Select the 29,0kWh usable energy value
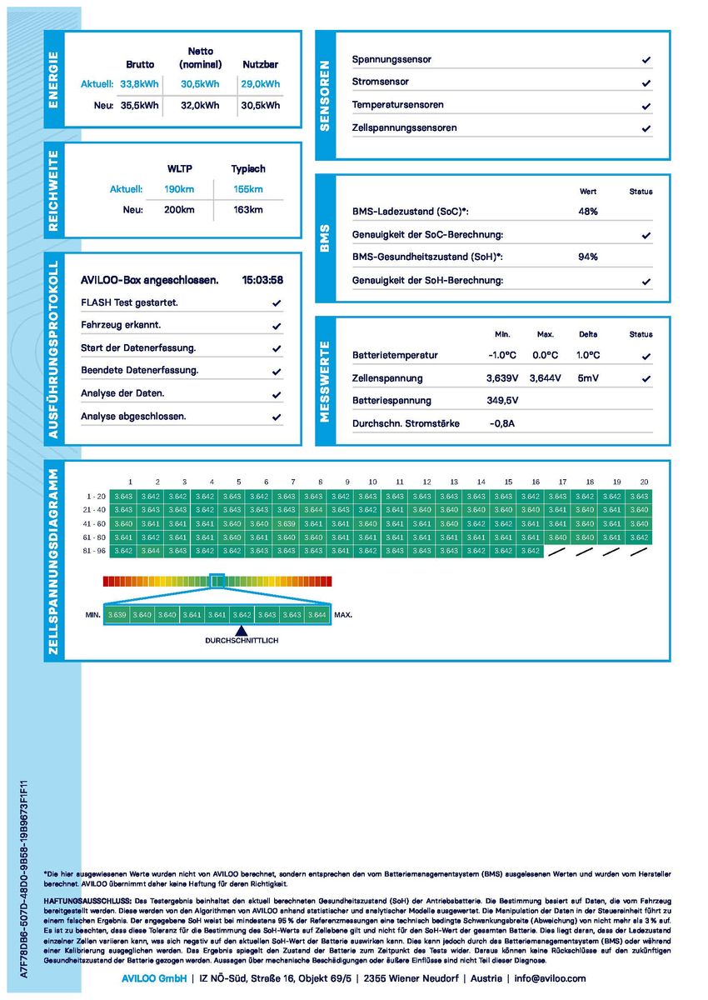261,84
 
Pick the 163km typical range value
248,210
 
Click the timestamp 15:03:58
262,280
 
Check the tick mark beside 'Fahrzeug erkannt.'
277,326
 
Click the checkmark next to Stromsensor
646,83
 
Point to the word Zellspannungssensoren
404,128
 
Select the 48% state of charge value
587,212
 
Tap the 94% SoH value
587,257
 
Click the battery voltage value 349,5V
502,401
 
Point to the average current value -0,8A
502,423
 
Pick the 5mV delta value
587,378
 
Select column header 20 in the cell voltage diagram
643,482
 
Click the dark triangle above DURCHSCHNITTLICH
242,630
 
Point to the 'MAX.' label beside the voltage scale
343,615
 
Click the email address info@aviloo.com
550,978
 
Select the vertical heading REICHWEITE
54,191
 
